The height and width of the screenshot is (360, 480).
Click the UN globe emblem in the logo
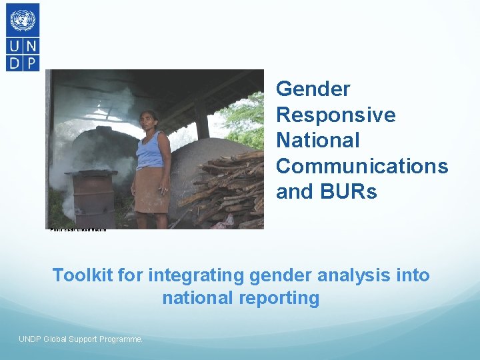click(x=23, y=20)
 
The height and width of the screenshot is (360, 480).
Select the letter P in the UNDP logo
click(x=31, y=62)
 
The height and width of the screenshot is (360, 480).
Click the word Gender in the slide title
click(x=313, y=89)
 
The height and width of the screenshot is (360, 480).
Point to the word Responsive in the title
click(x=335, y=115)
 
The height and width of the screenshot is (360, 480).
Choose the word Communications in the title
click(x=361, y=166)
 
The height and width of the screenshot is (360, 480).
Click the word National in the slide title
click(x=317, y=141)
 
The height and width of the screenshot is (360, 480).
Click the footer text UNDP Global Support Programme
click(x=81, y=339)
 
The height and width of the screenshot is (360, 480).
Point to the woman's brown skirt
click(x=151, y=189)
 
